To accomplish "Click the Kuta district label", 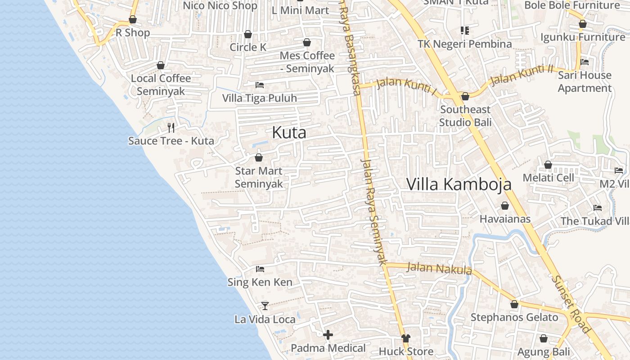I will click(x=289, y=133).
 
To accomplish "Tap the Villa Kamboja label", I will click(x=459, y=184).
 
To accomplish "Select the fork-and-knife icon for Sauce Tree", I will click(x=171, y=127).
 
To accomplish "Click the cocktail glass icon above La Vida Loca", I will click(x=265, y=306).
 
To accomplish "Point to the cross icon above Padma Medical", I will click(x=328, y=335).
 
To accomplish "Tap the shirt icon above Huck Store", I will click(x=406, y=338).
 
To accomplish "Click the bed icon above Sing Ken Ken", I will click(x=260, y=269).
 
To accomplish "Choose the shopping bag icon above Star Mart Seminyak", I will click(x=259, y=157).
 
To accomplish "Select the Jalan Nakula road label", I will click(x=439, y=268).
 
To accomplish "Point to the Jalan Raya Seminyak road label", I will click(x=374, y=211).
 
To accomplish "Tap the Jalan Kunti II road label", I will click(x=522, y=75).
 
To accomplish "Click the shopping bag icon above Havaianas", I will click(x=505, y=206).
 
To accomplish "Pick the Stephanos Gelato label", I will click(x=514, y=317).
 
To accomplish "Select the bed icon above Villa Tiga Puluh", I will click(x=260, y=85).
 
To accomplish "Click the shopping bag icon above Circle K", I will click(x=247, y=34).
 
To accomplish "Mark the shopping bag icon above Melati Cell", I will click(x=548, y=165).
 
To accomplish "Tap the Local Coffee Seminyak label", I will click(x=161, y=85).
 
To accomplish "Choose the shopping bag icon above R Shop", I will click(x=133, y=19).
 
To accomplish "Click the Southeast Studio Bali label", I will click(x=465, y=116).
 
